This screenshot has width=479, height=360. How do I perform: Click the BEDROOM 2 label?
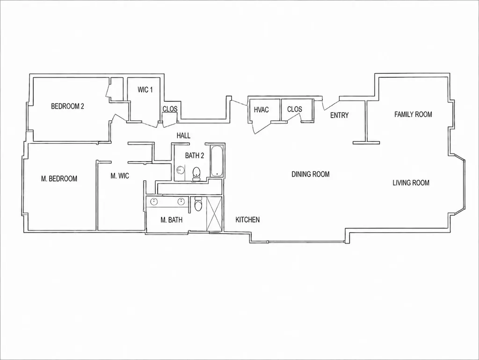pos(67,106)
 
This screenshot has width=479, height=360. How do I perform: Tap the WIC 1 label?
pos(145,90)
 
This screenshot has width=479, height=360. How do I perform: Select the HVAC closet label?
pos(261,110)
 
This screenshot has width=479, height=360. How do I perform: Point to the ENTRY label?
pos(340,115)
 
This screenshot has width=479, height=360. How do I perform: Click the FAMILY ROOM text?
pos(413,114)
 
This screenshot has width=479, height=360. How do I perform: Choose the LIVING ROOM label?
pos(411,183)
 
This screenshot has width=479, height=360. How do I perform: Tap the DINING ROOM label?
pos(311,174)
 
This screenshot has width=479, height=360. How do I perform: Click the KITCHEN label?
pos(248,220)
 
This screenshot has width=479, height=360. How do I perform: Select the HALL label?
pos(183,136)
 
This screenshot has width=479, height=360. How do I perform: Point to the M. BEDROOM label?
pos(59,178)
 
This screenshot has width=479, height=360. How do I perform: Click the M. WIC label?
pos(120,176)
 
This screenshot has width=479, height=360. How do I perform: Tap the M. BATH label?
pos(171,220)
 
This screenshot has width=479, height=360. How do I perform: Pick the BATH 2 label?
pos(195,155)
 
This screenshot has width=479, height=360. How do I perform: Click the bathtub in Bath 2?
pos(217,161)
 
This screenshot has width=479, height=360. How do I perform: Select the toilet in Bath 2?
pos(196,174)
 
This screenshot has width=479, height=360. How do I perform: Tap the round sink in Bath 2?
pos(181,170)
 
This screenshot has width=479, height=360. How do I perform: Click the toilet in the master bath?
pos(198,204)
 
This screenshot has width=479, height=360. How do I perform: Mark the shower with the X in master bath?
pos(215,214)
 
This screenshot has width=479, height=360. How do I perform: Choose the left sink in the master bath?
pos(153,202)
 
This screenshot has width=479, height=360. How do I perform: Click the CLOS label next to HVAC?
pos(295,109)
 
